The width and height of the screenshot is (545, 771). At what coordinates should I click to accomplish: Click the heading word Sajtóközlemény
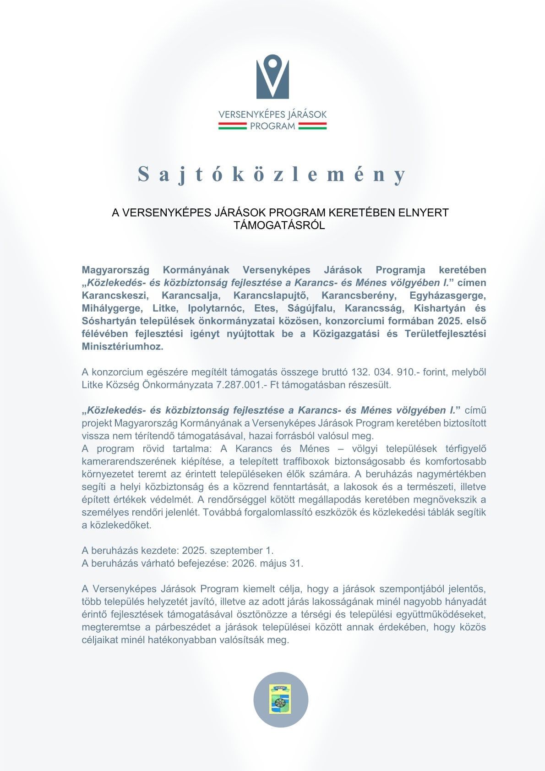click(272, 174)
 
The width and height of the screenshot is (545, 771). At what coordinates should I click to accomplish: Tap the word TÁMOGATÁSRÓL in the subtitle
click(279, 225)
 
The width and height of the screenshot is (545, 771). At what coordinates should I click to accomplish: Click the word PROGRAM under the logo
click(272, 126)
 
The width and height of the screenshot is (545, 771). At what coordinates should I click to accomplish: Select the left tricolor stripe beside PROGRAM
click(232, 126)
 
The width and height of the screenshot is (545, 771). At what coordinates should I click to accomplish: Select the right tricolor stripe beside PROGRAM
click(312, 126)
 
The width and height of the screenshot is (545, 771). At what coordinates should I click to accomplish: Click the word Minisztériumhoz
click(122, 347)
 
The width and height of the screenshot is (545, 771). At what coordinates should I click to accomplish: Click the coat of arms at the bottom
click(280, 700)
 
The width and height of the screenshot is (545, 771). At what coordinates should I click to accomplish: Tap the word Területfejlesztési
click(445, 334)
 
